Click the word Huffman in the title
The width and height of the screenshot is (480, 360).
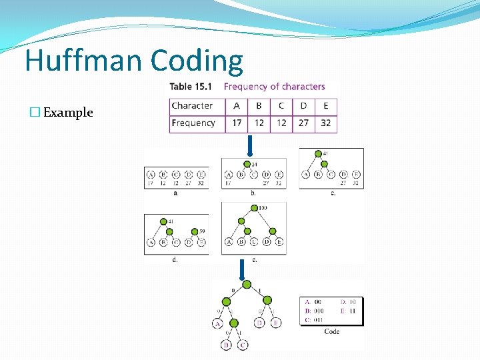pyautogui.click(x=84, y=61)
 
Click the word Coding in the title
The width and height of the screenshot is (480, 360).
pyautogui.click(x=197, y=61)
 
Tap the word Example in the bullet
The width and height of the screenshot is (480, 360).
pyautogui.click(x=68, y=112)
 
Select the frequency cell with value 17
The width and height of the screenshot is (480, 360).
pyautogui.click(x=237, y=123)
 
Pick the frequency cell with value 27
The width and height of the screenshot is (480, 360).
pyautogui.click(x=303, y=123)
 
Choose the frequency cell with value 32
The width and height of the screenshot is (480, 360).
pyautogui.click(x=325, y=123)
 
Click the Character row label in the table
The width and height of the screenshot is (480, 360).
pyautogui.click(x=192, y=106)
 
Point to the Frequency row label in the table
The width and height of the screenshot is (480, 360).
pyautogui.click(x=193, y=123)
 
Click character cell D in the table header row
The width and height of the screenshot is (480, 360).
pyautogui.click(x=303, y=106)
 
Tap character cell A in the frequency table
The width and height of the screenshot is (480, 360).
pyautogui.click(x=237, y=106)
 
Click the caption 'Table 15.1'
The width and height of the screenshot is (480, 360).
pyautogui.click(x=191, y=87)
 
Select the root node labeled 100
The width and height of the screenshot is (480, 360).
pyautogui.click(x=253, y=209)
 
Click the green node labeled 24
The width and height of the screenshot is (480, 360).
pyautogui.click(x=247, y=164)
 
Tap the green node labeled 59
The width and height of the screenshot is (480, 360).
pyautogui.click(x=195, y=231)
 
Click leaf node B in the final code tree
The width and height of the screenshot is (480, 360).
pyautogui.click(x=226, y=345)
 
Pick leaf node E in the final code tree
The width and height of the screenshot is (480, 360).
pyautogui.click(x=276, y=323)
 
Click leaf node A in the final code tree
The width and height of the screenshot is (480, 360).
pyautogui.click(x=218, y=324)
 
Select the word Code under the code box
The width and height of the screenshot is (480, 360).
pyautogui.click(x=331, y=331)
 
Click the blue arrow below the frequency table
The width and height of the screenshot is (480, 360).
pyautogui.click(x=249, y=145)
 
